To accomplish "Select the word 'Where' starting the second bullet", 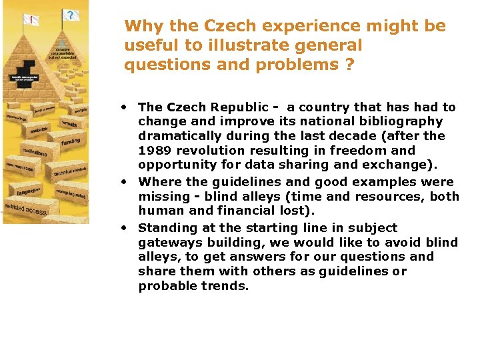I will [x=156, y=182].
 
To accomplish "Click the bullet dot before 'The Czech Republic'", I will [x=125, y=107].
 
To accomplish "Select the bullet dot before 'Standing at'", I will [x=125, y=227].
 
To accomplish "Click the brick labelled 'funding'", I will [x=70, y=141].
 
